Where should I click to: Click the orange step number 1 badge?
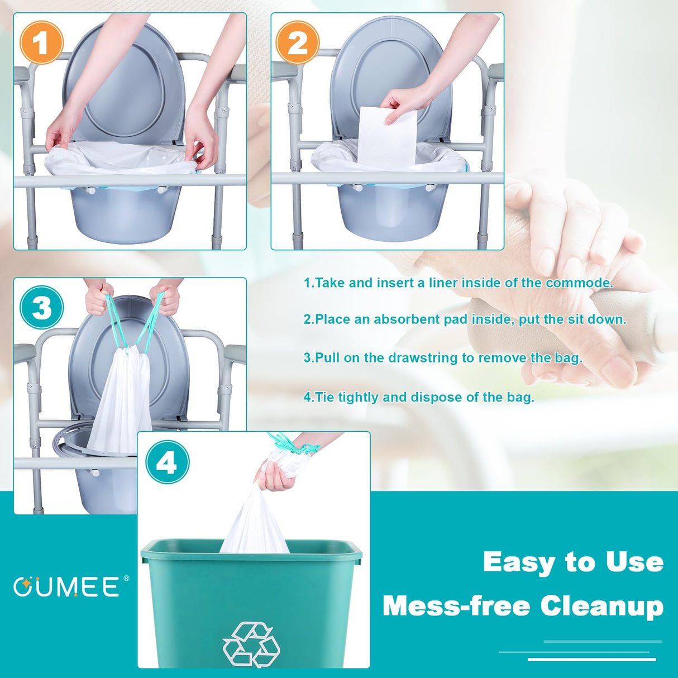[41, 43]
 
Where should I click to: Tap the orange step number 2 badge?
[298, 43]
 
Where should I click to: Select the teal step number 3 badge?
[42, 308]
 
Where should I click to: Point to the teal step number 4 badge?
[167, 462]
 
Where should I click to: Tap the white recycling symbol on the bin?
[251, 644]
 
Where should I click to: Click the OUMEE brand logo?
[67, 587]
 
